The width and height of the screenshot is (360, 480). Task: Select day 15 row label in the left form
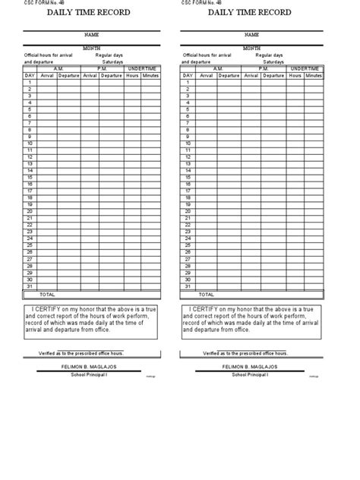[x=29, y=177]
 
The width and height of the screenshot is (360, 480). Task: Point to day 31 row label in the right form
[x=187, y=286]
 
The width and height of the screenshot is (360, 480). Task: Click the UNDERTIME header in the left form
[x=142, y=68]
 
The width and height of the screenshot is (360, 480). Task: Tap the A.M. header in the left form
[x=58, y=68]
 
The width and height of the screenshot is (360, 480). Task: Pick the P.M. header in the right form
[x=263, y=68]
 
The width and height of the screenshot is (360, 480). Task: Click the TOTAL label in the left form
[x=46, y=293]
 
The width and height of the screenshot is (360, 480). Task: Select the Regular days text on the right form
[x=270, y=55]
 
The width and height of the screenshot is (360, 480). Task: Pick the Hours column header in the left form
[x=133, y=75]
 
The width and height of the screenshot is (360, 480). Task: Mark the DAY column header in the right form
[x=187, y=75]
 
